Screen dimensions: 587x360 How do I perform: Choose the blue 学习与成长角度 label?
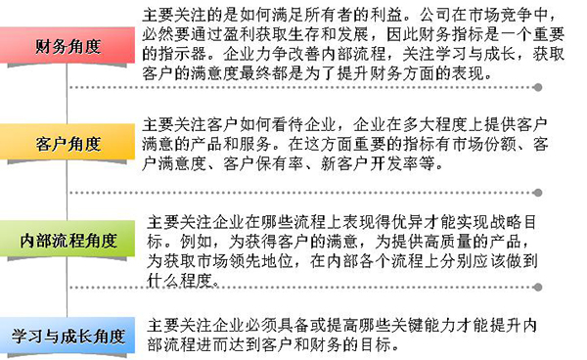click(x=67, y=337)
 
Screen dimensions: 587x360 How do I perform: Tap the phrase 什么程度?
click(x=180, y=280)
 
